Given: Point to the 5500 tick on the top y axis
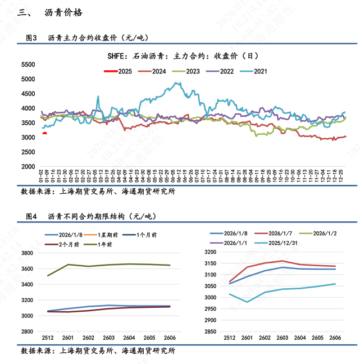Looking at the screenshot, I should [29, 65].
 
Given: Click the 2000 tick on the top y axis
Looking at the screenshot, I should [29, 167].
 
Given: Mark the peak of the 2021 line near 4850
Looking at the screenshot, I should [177, 83].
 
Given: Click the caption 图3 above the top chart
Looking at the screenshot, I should [31, 38].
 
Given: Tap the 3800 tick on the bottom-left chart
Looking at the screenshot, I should [29, 253].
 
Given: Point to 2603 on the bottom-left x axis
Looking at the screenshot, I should [109, 338].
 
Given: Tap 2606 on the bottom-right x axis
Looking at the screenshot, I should [335, 338].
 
